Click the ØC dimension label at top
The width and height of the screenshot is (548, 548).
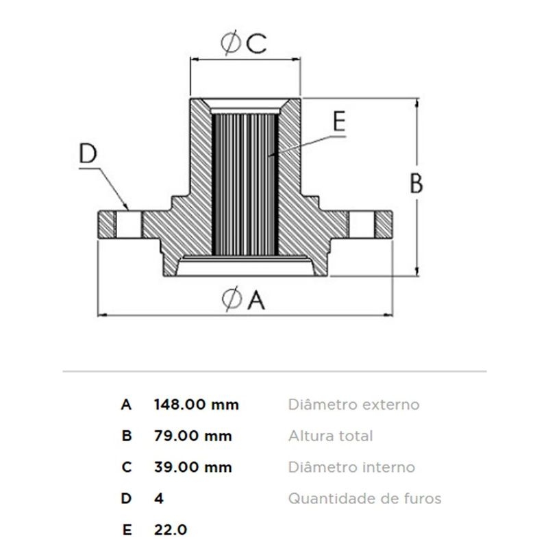pyautogui.click(x=244, y=43)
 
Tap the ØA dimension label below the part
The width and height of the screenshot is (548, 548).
pyautogui.click(x=244, y=299)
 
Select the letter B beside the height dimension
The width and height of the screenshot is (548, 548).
pyautogui.click(x=416, y=184)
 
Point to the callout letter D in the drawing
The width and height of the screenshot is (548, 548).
pyautogui.click(x=88, y=153)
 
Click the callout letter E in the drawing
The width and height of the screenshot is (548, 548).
pyautogui.click(x=339, y=121)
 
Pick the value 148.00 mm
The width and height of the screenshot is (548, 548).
pyautogui.click(x=197, y=405)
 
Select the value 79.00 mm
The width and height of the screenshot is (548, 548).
pyautogui.click(x=193, y=436)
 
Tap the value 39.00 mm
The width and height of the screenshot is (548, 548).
pyautogui.click(x=193, y=467)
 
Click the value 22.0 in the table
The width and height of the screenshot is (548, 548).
pyautogui.click(x=171, y=530)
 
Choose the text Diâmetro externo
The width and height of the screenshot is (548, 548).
pyautogui.click(x=353, y=405)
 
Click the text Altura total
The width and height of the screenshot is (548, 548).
pyautogui.click(x=331, y=436)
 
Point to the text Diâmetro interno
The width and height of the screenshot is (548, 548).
pyautogui.click(x=351, y=467)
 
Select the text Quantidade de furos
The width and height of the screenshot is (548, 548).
pyautogui.click(x=365, y=499)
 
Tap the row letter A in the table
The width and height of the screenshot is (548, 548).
pyautogui.click(x=126, y=405)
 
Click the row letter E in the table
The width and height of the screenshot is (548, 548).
pyautogui.click(x=127, y=530)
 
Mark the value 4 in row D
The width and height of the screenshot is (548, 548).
pyautogui.click(x=159, y=499)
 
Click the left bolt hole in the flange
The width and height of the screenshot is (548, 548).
pyautogui.click(x=129, y=225)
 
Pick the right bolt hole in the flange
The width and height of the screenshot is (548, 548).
pyautogui.click(x=362, y=225)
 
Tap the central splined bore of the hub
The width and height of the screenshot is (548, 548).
pyautogui.click(x=245, y=184)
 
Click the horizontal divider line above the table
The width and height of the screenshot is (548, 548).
pyautogui.click(x=275, y=371)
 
